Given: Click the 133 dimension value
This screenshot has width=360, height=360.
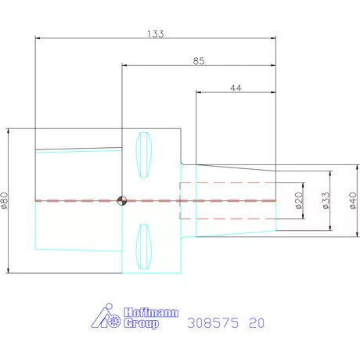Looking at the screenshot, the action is coord(156,34).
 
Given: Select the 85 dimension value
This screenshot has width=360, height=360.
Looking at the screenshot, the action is coord(199,61).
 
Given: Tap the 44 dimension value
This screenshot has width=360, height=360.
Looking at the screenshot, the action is coord(236,88).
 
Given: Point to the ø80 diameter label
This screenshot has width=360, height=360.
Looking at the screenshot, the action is coord(5,200).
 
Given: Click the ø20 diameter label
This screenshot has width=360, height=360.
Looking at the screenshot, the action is coord(299,200).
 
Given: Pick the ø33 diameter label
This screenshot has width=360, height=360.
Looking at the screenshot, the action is coord(326,200).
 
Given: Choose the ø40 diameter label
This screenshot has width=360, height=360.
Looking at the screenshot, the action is coord(353,200).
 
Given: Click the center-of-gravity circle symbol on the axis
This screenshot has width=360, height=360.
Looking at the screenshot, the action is coord(122,201).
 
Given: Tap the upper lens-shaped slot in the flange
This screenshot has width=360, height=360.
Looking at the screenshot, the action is coord(143,155).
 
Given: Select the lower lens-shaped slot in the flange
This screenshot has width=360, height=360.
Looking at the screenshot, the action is coord(143,247).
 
